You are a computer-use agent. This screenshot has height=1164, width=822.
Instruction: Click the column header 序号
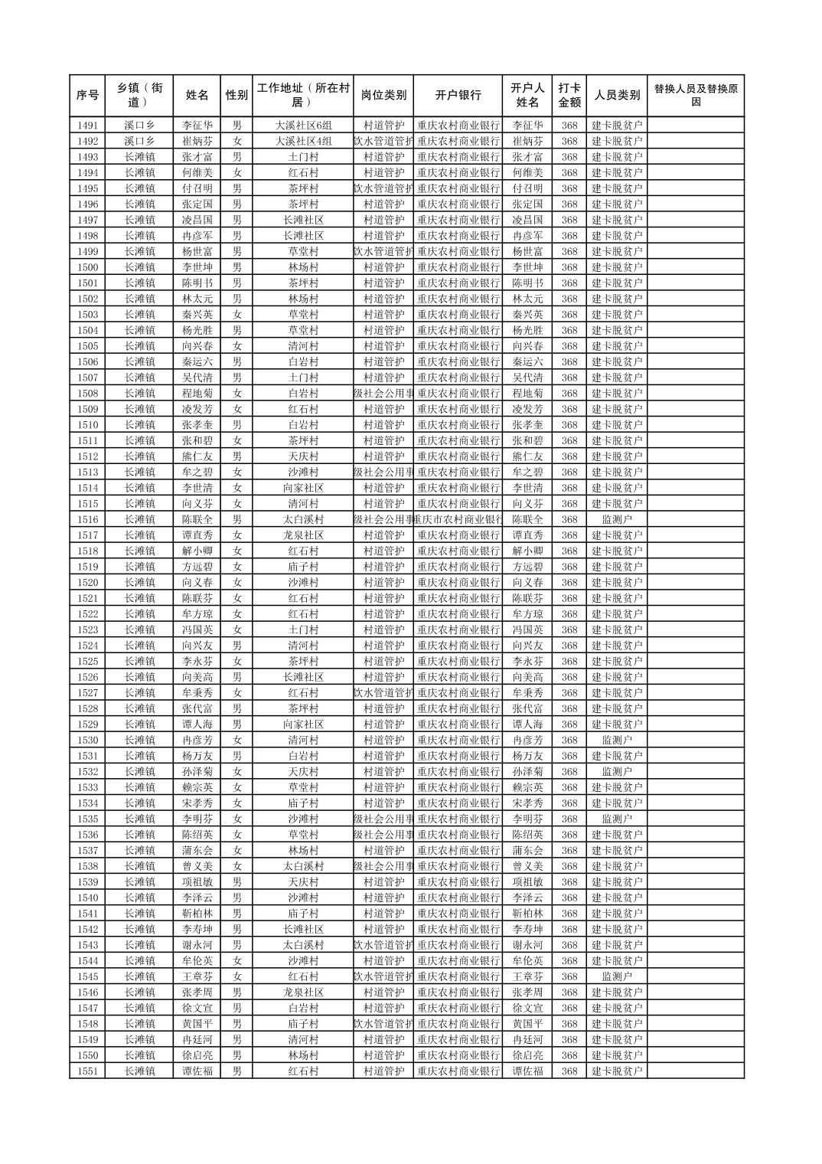(x=87, y=96)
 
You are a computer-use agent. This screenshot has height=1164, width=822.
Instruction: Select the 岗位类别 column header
(x=383, y=96)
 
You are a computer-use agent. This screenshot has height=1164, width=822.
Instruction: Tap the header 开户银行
(x=458, y=96)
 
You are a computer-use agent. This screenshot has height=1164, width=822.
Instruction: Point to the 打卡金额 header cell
(x=569, y=96)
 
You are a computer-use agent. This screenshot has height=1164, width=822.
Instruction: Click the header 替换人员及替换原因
(x=695, y=96)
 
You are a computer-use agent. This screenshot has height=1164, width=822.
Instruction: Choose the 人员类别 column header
(x=617, y=96)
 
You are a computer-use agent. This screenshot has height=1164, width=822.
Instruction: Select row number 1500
(x=87, y=267)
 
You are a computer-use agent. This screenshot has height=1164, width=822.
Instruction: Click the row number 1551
(x=87, y=1071)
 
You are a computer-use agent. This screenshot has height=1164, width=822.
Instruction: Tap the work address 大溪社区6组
(x=303, y=126)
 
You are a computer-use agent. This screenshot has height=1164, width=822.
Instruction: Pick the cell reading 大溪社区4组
(x=303, y=141)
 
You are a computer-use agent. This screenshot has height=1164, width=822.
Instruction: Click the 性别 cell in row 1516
(x=236, y=519)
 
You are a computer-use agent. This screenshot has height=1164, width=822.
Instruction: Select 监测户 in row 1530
(x=617, y=741)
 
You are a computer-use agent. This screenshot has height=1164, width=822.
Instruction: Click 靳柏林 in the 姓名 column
(x=197, y=914)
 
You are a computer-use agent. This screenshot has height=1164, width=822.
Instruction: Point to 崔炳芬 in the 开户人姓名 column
(x=527, y=141)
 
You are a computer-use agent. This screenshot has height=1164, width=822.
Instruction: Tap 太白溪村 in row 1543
(x=303, y=945)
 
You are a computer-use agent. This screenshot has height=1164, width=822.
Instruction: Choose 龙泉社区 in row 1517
(x=303, y=535)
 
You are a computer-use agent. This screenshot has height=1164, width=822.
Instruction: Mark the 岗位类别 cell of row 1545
(x=383, y=976)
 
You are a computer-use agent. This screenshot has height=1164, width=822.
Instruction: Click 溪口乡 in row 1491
(x=139, y=126)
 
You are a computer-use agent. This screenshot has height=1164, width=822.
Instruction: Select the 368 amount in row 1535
(x=569, y=819)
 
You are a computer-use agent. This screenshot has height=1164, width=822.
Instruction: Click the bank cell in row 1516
(x=458, y=519)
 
